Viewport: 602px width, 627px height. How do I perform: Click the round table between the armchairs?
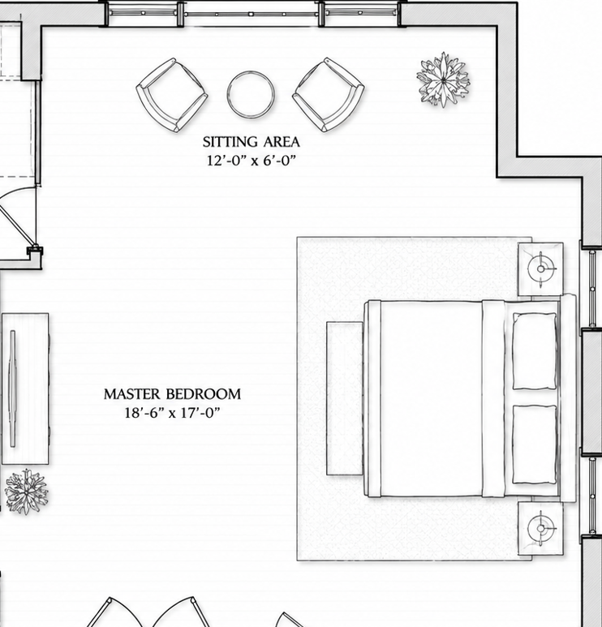[251, 95]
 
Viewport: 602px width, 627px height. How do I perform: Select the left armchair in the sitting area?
[172, 95]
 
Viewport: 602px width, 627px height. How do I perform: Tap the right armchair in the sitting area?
[329, 95]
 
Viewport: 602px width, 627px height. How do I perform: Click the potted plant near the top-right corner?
[443, 80]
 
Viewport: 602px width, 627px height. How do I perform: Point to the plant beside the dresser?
[27, 492]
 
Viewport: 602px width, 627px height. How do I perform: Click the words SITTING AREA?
[252, 142]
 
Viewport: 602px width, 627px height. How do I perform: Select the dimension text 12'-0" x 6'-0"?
[252, 161]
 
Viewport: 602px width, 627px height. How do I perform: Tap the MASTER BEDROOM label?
[172, 394]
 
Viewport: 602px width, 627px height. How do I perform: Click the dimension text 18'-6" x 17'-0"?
[172, 413]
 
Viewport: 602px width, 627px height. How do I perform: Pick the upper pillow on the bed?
[535, 351]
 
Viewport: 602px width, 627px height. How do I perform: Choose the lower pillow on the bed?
[535, 444]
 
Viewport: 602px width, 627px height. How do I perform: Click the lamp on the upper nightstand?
[541, 269]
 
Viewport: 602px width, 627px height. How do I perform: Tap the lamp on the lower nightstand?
[541, 528]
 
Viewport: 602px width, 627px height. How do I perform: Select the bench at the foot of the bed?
[345, 398]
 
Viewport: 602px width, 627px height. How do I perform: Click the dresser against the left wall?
[25, 389]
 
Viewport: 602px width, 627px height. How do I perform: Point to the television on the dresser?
[13, 389]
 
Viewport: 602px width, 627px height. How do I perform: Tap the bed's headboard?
[568, 398]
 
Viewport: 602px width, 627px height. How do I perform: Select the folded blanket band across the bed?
[493, 398]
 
